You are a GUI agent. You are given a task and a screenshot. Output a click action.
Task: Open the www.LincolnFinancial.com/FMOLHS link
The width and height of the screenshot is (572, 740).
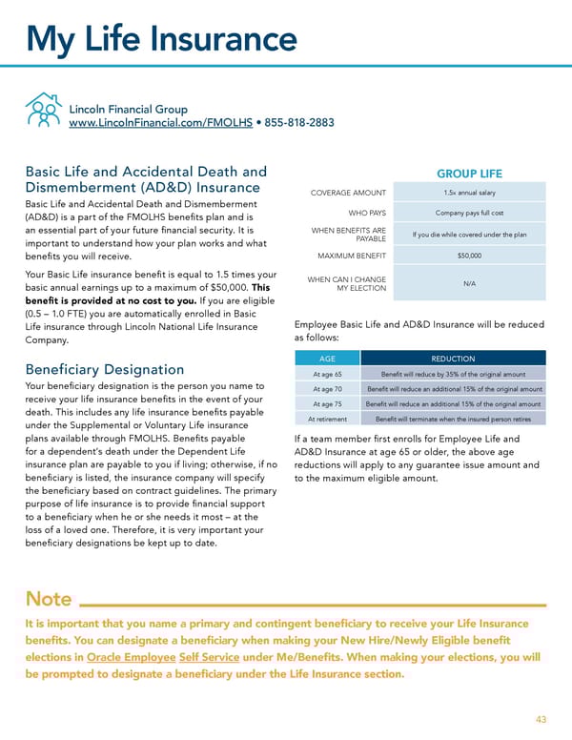tap(157, 123)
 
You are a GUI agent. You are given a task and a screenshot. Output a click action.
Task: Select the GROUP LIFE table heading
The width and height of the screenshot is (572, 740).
tap(469, 175)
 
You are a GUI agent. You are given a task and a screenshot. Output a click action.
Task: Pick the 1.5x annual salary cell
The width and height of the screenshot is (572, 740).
tap(469, 193)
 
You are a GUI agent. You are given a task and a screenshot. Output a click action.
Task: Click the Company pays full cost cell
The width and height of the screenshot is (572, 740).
tap(469, 213)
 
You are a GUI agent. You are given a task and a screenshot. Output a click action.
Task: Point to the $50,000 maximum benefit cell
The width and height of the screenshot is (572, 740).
tap(469, 256)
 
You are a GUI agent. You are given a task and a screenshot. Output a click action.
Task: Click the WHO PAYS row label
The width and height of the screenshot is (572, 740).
tap(367, 213)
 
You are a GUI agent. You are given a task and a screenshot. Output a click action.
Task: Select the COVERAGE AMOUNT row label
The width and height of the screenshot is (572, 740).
tap(349, 193)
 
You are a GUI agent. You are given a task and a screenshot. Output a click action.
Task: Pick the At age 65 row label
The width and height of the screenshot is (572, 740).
tap(327, 374)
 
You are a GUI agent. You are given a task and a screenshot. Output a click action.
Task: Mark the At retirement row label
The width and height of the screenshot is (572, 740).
tap(327, 419)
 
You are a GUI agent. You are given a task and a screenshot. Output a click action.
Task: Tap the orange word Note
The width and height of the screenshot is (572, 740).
tap(49, 599)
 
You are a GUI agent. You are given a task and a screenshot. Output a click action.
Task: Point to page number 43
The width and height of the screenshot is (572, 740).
tap(541, 719)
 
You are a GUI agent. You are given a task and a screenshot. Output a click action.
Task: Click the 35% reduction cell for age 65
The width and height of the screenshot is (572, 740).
tap(453, 374)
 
